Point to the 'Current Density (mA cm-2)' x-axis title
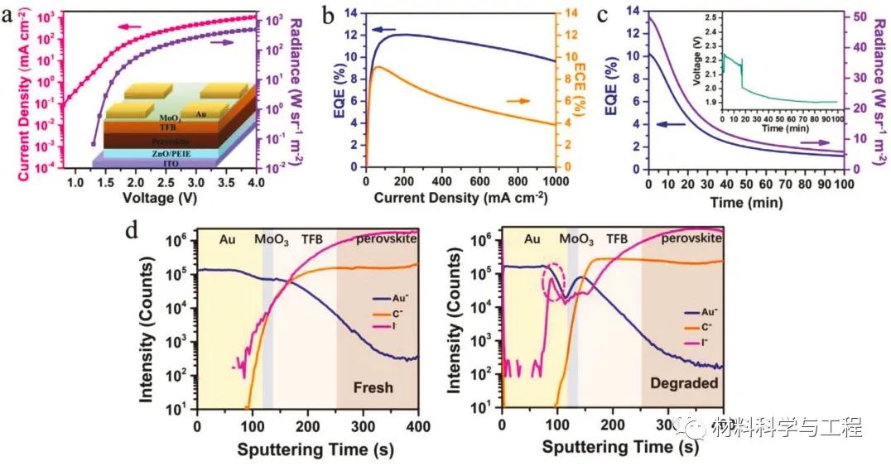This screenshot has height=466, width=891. pos(460,199)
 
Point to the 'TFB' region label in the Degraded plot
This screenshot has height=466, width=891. pos(618,239)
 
